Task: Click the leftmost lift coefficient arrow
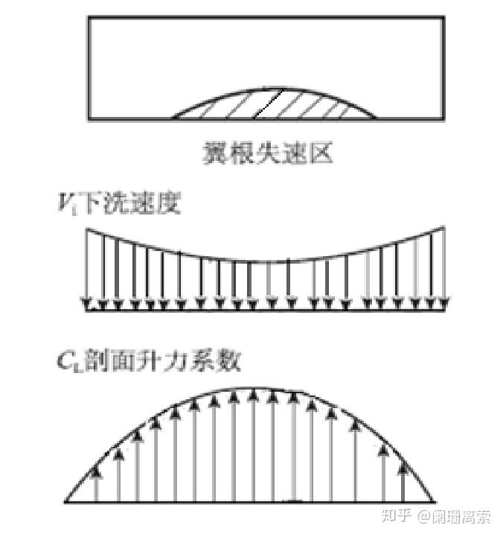[x=97, y=484]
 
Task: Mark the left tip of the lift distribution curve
[x=67, y=501]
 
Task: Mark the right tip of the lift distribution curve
[x=435, y=501]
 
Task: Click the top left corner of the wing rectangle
[x=89, y=17]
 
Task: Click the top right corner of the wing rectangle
[x=444, y=17]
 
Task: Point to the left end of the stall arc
[x=174, y=118]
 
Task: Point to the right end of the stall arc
[x=376, y=118]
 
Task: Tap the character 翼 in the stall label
[x=214, y=154]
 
